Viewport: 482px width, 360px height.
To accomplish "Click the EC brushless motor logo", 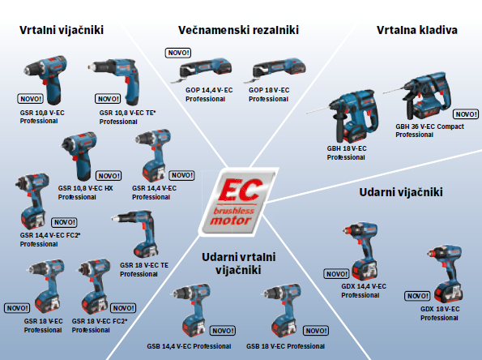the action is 238,203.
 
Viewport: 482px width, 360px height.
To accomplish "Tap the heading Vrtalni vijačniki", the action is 62,30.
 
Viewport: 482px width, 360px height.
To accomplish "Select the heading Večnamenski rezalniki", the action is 238,30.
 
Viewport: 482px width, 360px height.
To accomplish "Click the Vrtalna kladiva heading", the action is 417,30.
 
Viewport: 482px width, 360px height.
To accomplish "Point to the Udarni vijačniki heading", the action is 401,192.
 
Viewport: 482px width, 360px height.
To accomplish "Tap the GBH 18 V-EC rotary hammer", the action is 345,116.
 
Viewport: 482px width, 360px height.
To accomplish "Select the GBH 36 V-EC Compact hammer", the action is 420,96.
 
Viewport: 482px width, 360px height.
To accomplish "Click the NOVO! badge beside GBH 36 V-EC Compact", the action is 466,114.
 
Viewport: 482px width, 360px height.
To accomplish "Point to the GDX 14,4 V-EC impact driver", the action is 360,251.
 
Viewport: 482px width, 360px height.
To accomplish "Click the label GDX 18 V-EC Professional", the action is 440,313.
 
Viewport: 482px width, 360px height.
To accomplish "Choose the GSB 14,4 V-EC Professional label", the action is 189,346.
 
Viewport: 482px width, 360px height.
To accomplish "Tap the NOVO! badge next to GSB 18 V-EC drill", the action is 316,331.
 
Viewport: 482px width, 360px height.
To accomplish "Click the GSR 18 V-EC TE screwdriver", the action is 136,234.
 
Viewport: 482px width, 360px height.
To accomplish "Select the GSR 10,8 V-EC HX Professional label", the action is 85,193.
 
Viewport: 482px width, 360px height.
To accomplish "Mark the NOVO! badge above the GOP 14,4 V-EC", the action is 178,53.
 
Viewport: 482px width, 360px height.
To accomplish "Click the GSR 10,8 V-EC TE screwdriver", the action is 114,82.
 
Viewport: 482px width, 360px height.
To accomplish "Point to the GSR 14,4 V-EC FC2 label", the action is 50,239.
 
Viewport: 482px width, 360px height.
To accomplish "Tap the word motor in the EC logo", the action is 231,221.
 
